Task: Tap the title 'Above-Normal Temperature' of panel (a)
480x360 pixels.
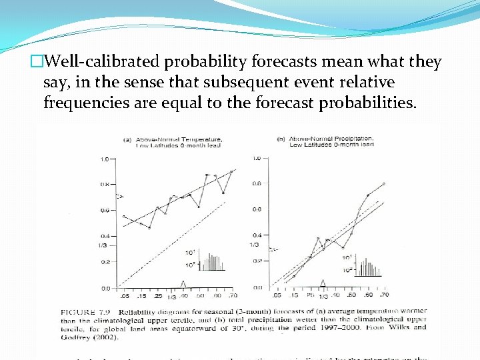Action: pyautogui.click(x=179, y=139)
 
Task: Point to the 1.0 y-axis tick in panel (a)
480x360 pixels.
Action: pyautogui.click(x=105, y=159)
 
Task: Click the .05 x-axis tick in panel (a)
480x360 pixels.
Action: pyautogui.click(x=124, y=295)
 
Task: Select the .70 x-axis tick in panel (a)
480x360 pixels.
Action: pyautogui.click(x=232, y=295)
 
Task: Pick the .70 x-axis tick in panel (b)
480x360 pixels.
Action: pyautogui.click(x=384, y=295)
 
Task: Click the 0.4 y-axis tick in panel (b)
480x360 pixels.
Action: pyautogui.click(x=256, y=235)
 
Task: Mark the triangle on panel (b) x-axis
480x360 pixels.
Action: pyautogui.click(x=323, y=283)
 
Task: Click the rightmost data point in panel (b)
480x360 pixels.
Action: pyautogui.click(x=383, y=183)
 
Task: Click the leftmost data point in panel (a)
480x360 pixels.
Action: pyautogui.click(x=124, y=217)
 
